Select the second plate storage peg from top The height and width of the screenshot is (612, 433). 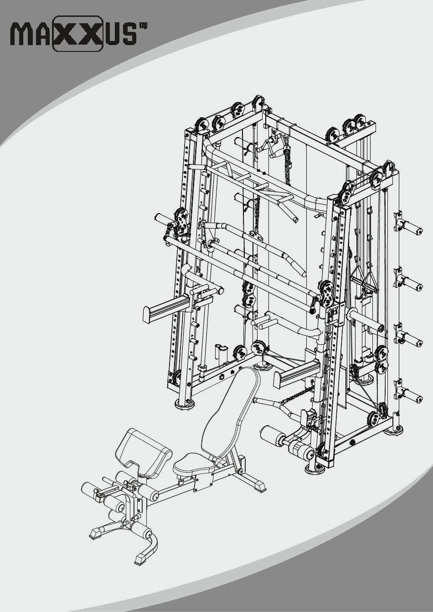[409, 282]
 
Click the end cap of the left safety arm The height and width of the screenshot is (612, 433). [147, 315]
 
